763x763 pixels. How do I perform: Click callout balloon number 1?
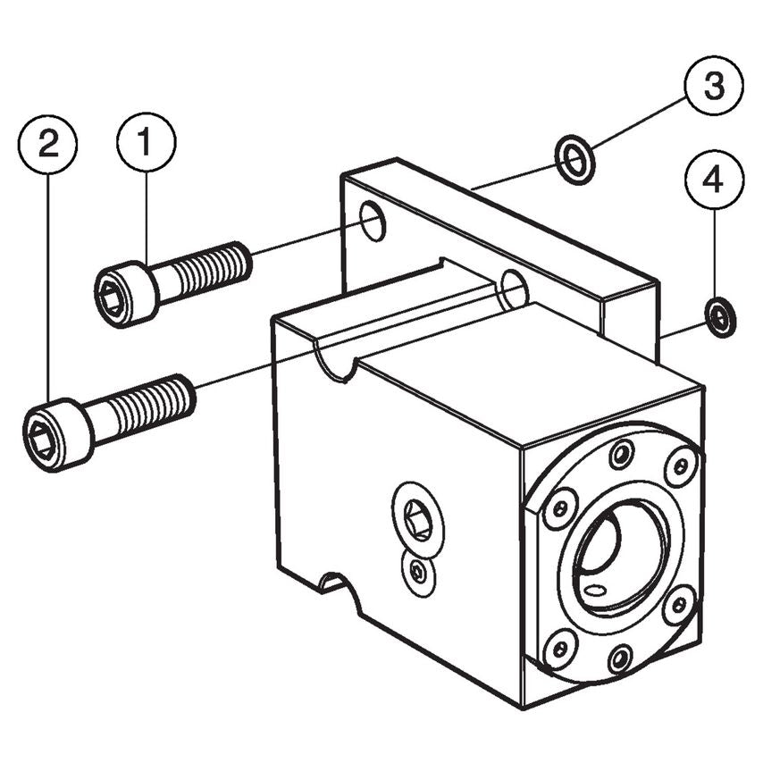(x=147, y=142)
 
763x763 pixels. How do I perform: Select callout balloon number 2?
(x=47, y=142)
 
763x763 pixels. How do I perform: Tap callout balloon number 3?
(x=713, y=87)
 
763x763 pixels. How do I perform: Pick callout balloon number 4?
(x=712, y=182)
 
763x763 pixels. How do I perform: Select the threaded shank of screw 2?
(x=153, y=404)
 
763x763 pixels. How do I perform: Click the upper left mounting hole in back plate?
(x=373, y=221)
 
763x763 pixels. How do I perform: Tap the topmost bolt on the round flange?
(x=621, y=453)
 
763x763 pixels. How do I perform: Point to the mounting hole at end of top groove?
(x=515, y=289)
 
